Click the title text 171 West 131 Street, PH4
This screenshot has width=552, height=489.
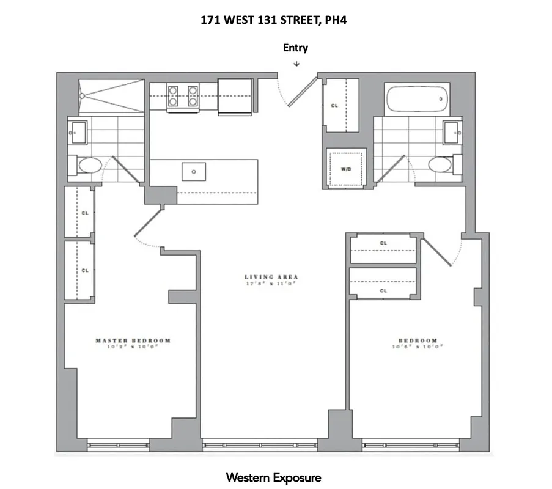coord(275,20)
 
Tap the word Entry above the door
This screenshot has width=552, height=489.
coord(295,48)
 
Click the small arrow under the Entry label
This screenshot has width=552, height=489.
coord(296,64)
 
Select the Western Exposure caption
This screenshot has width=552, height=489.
coord(273,477)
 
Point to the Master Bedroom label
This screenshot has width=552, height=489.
coord(133,340)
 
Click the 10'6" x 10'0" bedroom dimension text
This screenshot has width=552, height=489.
coord(418,347)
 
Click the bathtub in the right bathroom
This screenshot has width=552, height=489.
coord(417,98)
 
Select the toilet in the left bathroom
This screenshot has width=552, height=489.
coord(90,166)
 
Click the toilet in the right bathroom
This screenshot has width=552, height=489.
coord(440,164)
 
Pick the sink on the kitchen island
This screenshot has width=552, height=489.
coord(194,172)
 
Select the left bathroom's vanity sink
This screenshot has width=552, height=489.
coord(78,131)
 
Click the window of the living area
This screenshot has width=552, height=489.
coord(260,446)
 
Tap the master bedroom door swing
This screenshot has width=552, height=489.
coord(145,229)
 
